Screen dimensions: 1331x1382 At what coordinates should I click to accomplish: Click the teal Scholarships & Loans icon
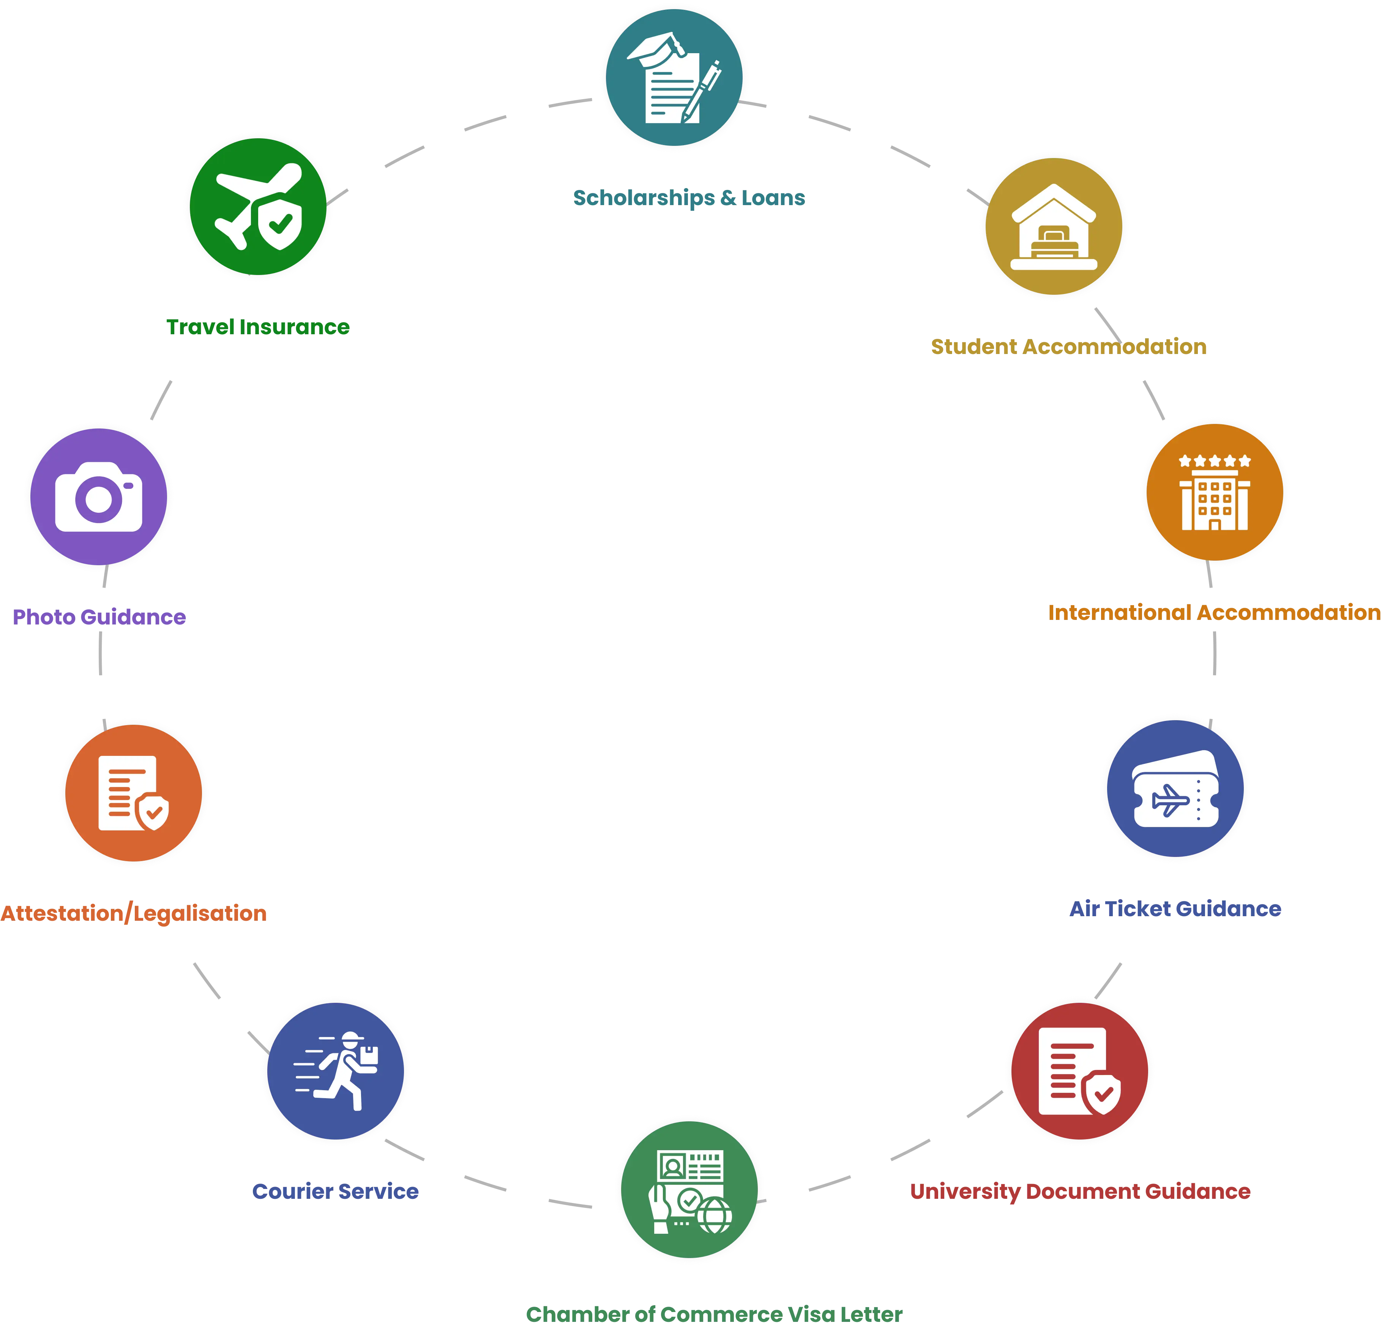[x=674, y=76]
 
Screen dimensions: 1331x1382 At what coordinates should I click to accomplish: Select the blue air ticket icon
[x=1175, y=788]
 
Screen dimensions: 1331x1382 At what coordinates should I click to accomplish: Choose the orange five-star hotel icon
[x=1214, y=492]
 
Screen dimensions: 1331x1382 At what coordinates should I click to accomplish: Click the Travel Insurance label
[x=258, y=327]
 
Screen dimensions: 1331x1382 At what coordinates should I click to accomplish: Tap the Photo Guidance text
[x=99, y=616]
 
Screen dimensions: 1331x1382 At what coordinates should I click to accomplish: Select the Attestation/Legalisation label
[x=134, y=914]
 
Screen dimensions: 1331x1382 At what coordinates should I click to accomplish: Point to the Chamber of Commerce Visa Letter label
[x=714, y=1314]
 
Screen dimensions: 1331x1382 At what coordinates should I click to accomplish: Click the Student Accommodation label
[x=1068, y=346]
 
